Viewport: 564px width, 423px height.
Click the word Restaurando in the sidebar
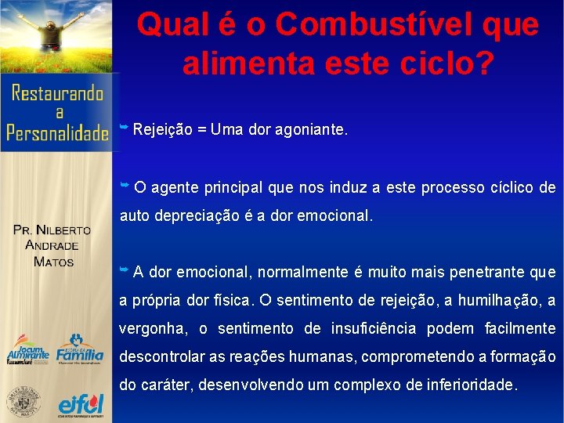tap(58, 94)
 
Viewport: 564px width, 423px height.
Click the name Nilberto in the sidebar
tap(63, 230)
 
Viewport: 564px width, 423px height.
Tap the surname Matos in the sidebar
tap(53, 261)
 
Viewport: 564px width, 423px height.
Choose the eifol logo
tap(80, 404)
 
